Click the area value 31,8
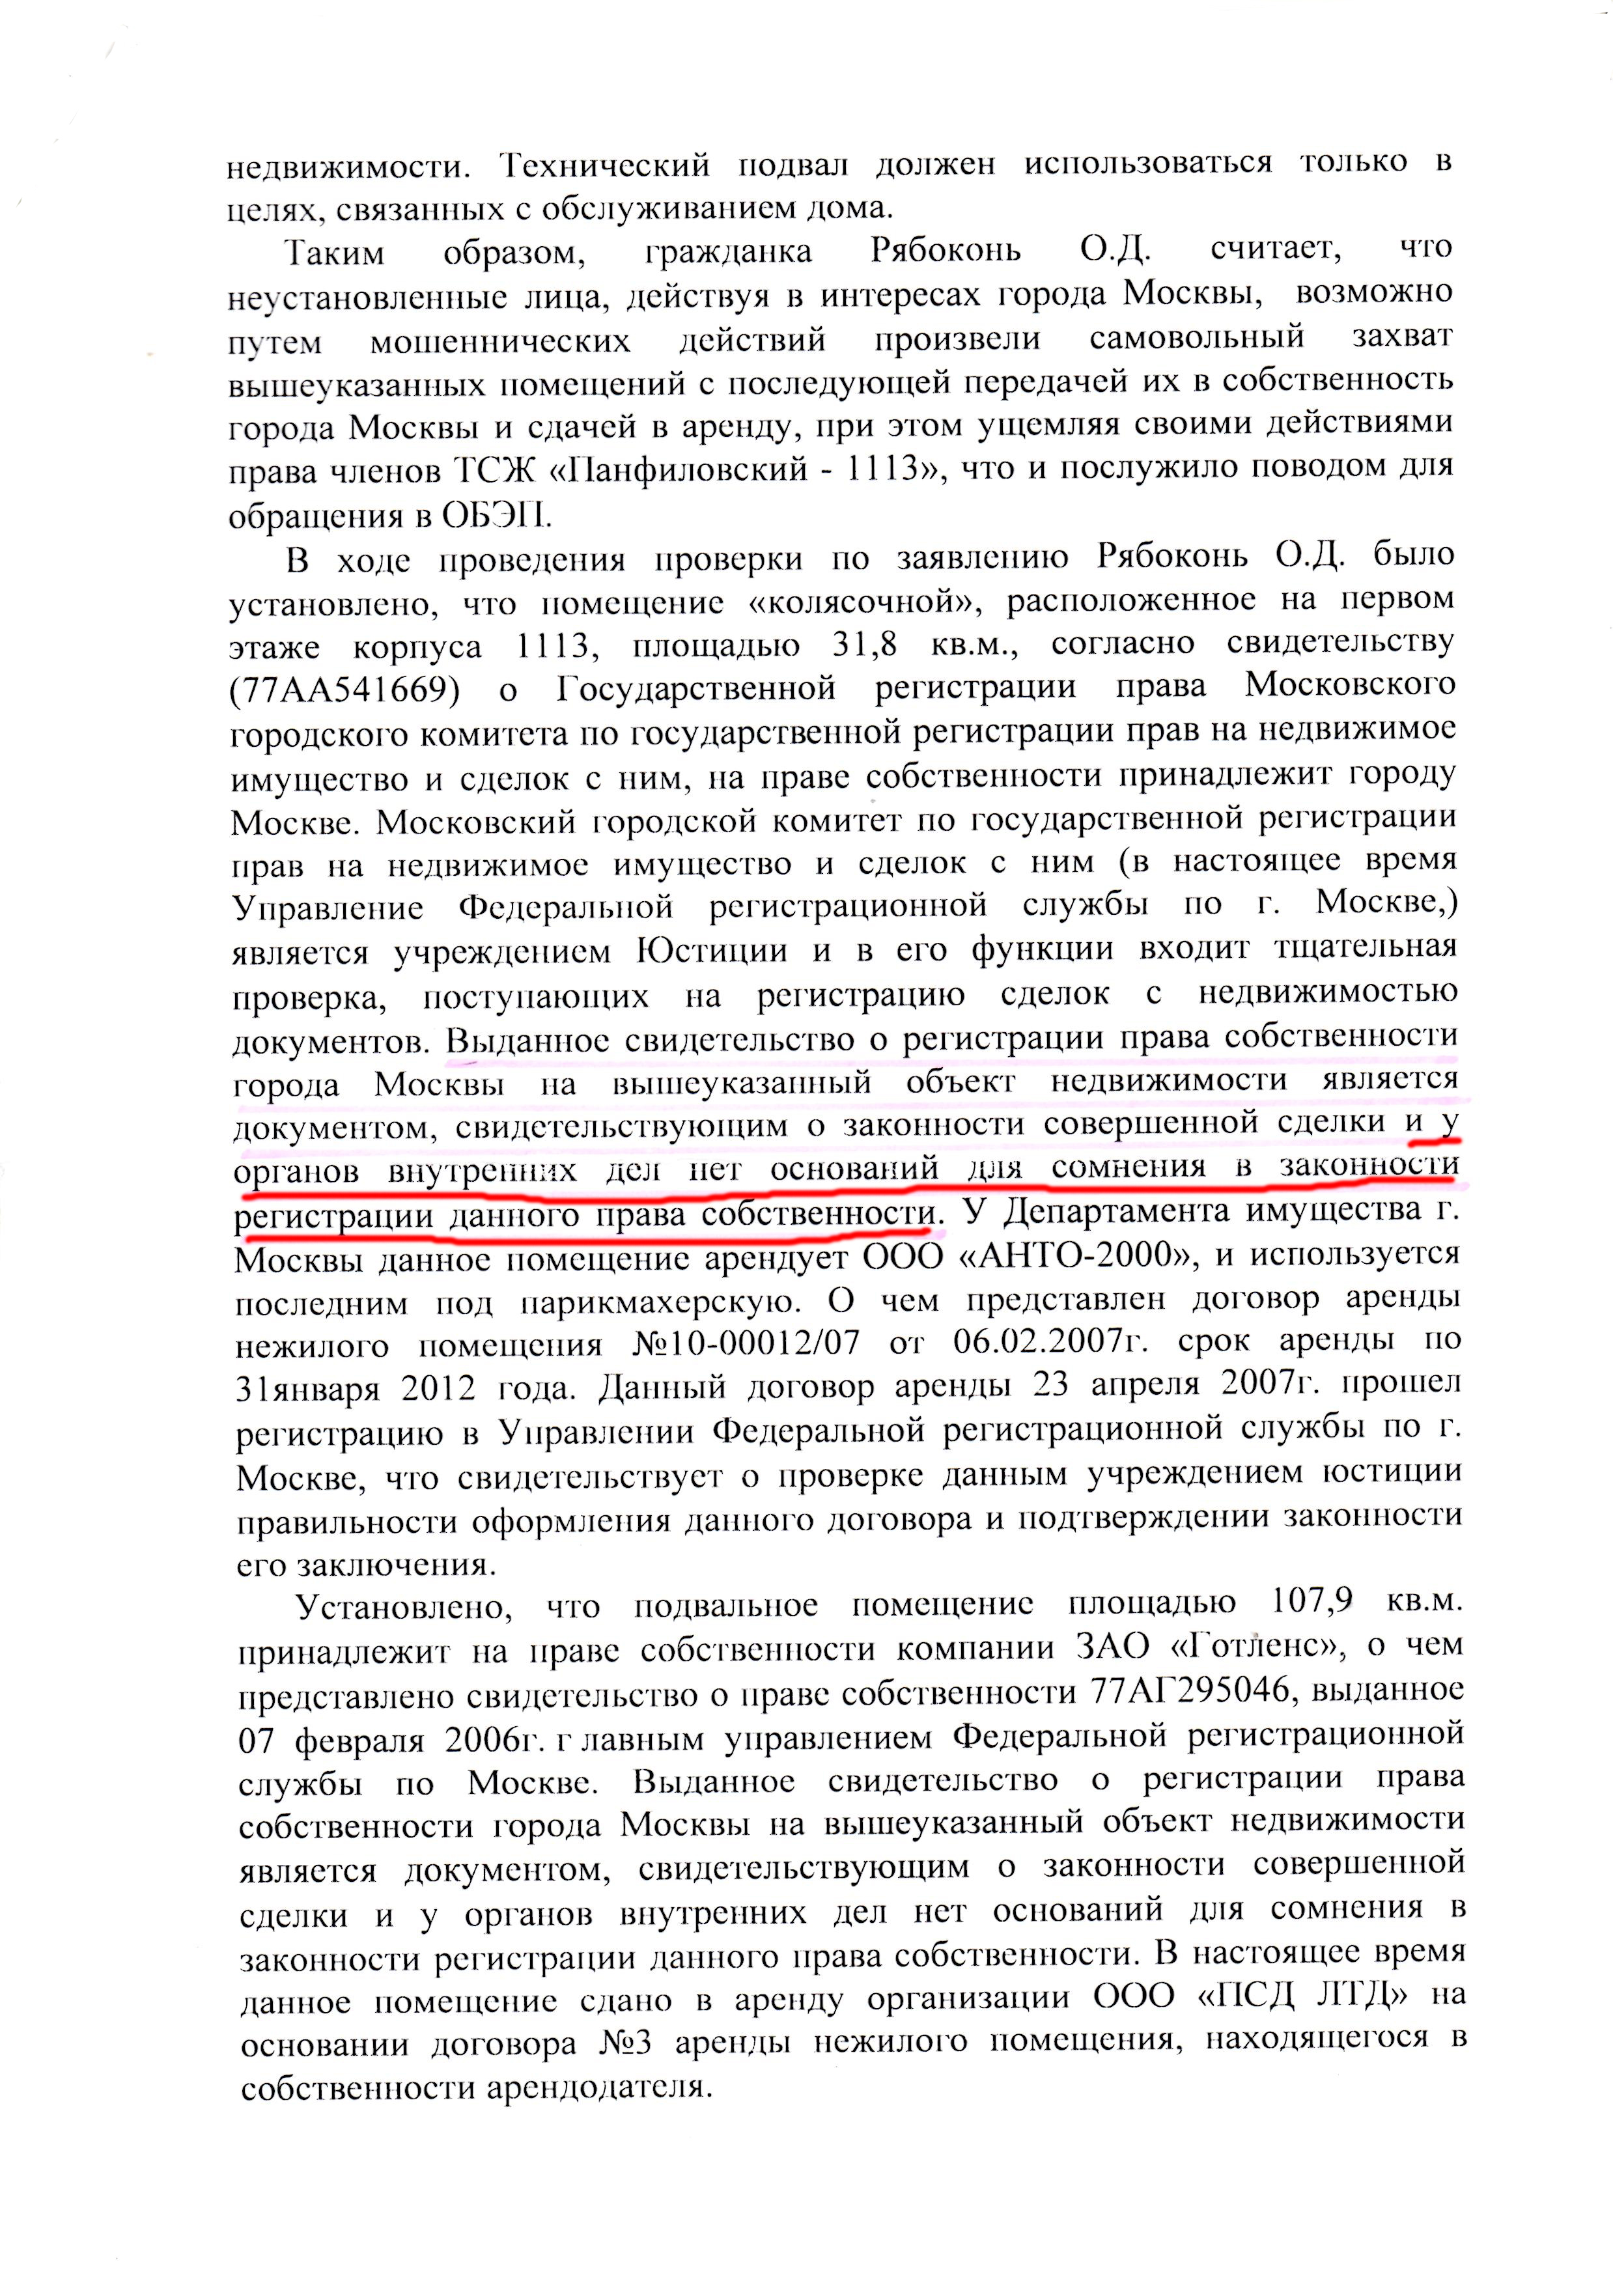(863, 645)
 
